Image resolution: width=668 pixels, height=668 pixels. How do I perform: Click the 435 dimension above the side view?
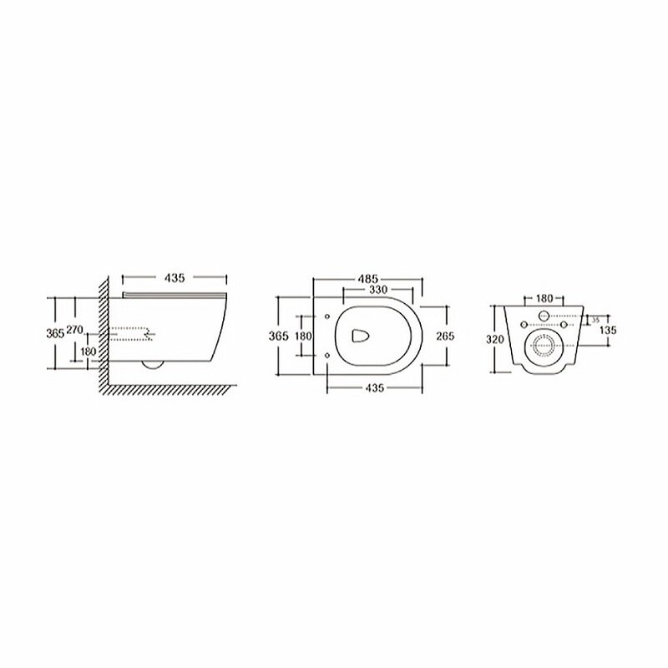coord(175,277)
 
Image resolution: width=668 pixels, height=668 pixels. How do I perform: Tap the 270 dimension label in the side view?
coord(75,330)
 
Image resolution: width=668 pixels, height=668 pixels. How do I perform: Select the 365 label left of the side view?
coord(55,333)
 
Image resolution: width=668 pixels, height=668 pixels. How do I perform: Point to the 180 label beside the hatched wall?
coord(89,352)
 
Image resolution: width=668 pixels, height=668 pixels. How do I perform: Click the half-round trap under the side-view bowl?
coord(153,365)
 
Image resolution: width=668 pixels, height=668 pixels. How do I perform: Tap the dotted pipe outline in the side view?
coord(131,333)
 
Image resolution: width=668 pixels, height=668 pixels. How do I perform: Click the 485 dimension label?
coord(367,279)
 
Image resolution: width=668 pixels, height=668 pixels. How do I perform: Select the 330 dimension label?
coord(378,290)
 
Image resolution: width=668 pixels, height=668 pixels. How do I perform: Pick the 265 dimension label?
coord(446,337)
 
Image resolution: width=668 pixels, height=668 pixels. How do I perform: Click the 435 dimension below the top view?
coord(375,388)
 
